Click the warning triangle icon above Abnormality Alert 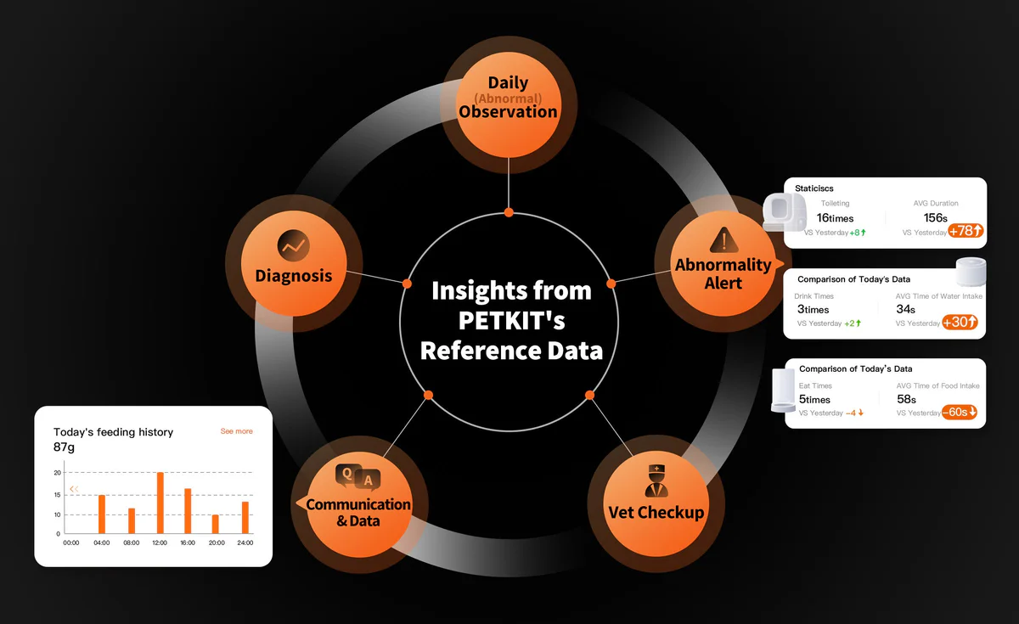pos(723,239)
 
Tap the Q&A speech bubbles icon pos(358,476)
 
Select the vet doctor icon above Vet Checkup pos(656,481)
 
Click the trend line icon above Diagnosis pos(294,245)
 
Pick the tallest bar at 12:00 pos(160,503)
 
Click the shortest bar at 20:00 pos(215,524)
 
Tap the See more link pos(237,431)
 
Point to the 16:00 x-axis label pos(188,542)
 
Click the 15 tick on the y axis pos(58,495)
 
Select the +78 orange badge pos(966,231)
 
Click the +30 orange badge pos(960,323)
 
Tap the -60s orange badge pos(959,412)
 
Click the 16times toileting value pos(835,218)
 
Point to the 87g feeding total pos(64,447)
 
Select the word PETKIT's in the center pos(511,320)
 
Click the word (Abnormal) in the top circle pos(508,98)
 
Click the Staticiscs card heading pos(814,188)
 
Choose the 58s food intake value pos(906,399)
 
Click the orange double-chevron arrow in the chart pos(74,489)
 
